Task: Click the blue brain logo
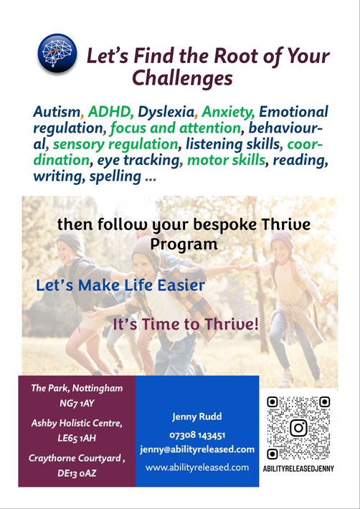57,53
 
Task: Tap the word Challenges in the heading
182,79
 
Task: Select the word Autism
57,112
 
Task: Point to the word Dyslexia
166,112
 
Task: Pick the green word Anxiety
227,113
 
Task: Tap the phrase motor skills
226,160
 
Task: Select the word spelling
115,177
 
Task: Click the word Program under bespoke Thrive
184,244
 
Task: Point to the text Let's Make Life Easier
120,285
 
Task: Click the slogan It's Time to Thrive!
186,325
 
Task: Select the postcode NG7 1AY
77,404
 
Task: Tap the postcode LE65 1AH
77,438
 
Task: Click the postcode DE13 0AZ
77,473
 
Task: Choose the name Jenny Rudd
197,417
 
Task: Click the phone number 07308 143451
197,434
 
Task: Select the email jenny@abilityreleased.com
197,450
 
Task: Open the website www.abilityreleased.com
197,467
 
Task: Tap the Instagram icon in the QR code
298,428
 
